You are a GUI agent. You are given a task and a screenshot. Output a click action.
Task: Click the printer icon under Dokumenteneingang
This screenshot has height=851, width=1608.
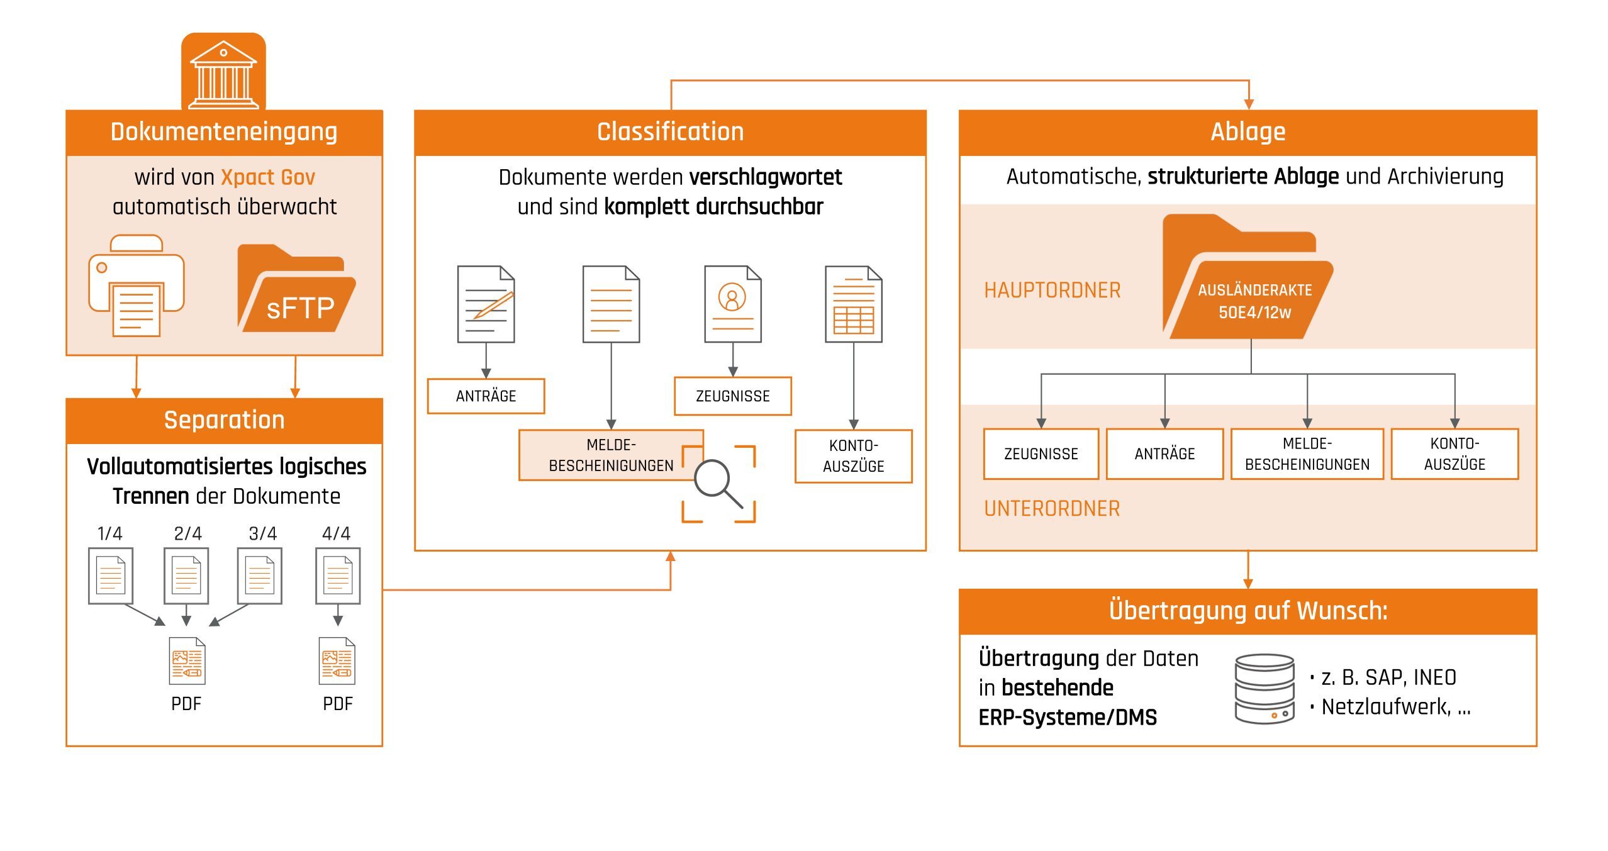click(x=137, y=286)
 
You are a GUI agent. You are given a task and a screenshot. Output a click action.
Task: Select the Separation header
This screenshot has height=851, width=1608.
click(x=224, y=420)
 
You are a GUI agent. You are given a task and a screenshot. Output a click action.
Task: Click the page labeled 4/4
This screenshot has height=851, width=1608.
click(x=338, y=576)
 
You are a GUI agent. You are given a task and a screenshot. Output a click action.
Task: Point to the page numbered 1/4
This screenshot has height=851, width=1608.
click(x=111, y=576)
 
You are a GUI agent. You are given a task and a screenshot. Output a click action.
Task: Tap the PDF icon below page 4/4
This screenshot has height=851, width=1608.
click(x=337, y=662)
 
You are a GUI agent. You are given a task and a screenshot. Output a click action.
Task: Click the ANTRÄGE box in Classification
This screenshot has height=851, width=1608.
click(x=486, y=396)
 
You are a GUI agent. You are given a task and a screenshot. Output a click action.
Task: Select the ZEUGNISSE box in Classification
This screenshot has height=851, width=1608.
click(x=732, y=396)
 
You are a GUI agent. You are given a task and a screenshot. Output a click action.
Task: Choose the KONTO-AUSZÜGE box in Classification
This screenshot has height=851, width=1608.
click(x=853, y=456)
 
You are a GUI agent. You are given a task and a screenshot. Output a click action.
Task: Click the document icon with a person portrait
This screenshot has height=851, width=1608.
click(x=732, y=304)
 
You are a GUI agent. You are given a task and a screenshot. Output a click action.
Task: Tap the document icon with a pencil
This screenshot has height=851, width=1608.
click(x=486, y=304)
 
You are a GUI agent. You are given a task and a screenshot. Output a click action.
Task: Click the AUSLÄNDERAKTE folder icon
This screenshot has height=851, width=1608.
click(x=1249, y=283)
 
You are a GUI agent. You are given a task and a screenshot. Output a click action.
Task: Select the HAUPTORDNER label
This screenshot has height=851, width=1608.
click(x=1052, y=291)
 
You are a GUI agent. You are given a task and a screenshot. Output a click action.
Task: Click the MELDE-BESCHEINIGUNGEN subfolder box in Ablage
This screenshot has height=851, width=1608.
click(x=1307, y=454)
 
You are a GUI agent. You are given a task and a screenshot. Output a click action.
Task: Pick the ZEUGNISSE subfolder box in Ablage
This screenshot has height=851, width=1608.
click(x=1041, y=454)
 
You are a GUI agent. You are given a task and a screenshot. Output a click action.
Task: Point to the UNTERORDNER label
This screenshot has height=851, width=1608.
click(x=1052, y=509)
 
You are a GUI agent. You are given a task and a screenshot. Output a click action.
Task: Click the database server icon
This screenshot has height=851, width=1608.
click(x=1265, y=689)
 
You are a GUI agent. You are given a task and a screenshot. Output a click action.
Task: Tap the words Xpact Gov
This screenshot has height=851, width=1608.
click(x=268, y=177)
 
